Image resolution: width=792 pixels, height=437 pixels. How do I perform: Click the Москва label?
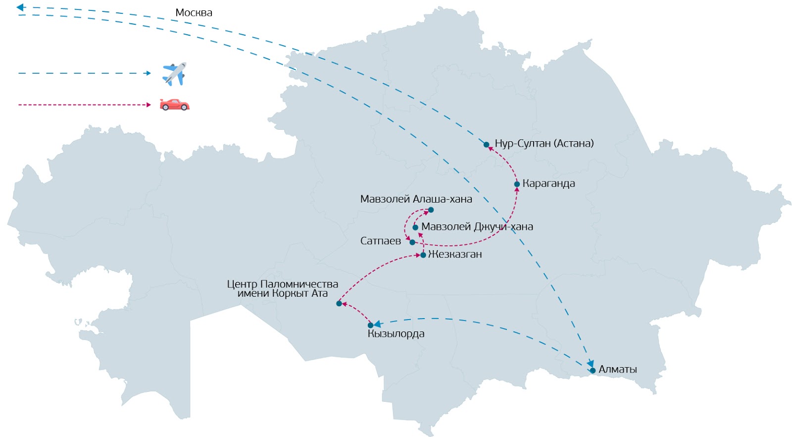click(194, 13)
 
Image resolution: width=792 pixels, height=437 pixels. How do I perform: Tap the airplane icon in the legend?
click(174, 74)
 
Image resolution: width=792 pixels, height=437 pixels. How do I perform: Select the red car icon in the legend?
click(174, 105)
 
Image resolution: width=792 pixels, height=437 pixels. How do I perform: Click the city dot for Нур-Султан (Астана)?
click(487, 145)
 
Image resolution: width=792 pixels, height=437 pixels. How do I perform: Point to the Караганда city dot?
click(517, 184)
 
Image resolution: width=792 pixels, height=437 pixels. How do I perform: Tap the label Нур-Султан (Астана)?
click(544, 144)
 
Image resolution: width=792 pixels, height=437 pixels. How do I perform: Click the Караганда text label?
click(548, 184)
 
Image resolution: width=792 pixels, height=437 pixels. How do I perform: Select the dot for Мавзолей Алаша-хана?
click(431, 210)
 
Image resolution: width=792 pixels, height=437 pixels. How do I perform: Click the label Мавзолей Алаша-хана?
click(416, 199)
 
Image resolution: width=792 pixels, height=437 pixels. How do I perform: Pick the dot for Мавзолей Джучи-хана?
click(415, 227)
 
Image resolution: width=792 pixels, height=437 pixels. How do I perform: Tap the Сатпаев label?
click(380, 241)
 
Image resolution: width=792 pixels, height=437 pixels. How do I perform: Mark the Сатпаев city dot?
click(412, 242)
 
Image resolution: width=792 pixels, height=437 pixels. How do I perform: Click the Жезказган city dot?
click(423, 255)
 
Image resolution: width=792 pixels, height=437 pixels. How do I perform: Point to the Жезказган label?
click(455, 255)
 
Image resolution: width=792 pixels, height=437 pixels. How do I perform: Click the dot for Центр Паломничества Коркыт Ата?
click(339, 304)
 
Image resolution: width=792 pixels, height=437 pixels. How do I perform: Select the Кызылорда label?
click(396, 334)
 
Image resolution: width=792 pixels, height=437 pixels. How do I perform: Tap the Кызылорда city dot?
click(370, 326)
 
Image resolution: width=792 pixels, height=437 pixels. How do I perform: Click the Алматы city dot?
click(593, 371)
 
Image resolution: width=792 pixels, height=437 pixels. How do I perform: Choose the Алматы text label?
click(617, 370)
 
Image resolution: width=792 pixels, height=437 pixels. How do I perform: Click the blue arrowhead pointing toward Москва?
click(20, 7)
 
